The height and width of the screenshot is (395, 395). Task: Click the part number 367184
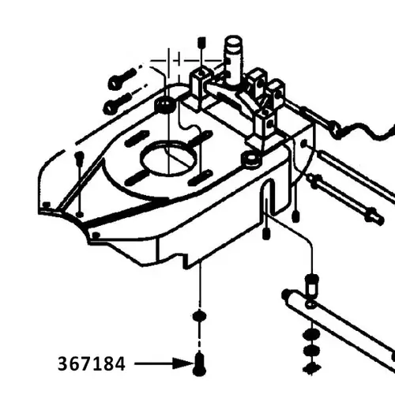tap(91, 365)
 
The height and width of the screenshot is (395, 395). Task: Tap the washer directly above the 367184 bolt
tap(197, 318)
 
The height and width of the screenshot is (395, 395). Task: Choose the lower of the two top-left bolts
tap(116, 103)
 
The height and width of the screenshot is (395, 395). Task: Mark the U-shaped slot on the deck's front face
tap(269, 197)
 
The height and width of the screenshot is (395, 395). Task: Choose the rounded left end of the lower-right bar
tap(288, 297)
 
